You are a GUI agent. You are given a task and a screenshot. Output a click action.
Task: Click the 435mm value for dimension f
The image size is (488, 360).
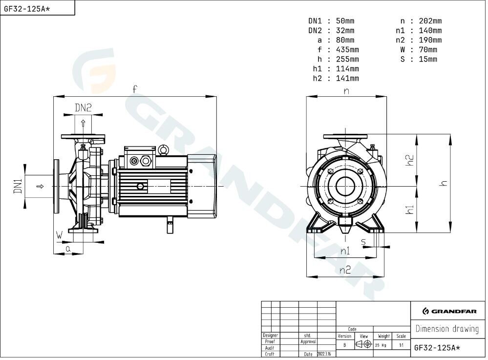click(347, 50)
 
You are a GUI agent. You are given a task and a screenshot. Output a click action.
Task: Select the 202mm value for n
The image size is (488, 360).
click(430, 21)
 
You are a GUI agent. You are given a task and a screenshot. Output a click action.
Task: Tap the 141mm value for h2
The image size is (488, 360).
click(347, 79)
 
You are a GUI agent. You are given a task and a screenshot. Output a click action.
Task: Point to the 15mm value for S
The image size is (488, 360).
click(428, 59)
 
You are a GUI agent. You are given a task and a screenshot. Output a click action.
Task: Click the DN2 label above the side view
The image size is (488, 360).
click(83, 108)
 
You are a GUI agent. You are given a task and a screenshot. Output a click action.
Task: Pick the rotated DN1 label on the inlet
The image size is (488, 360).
click(18, 186)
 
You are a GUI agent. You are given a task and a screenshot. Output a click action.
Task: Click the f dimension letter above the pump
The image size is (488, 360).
click(134, 89)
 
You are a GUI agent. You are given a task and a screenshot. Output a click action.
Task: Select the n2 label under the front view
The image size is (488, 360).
click(345, 270)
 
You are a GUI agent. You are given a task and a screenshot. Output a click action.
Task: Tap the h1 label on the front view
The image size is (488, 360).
click(410, 209)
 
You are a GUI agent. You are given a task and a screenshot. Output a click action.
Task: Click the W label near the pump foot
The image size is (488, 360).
click(59, 235)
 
